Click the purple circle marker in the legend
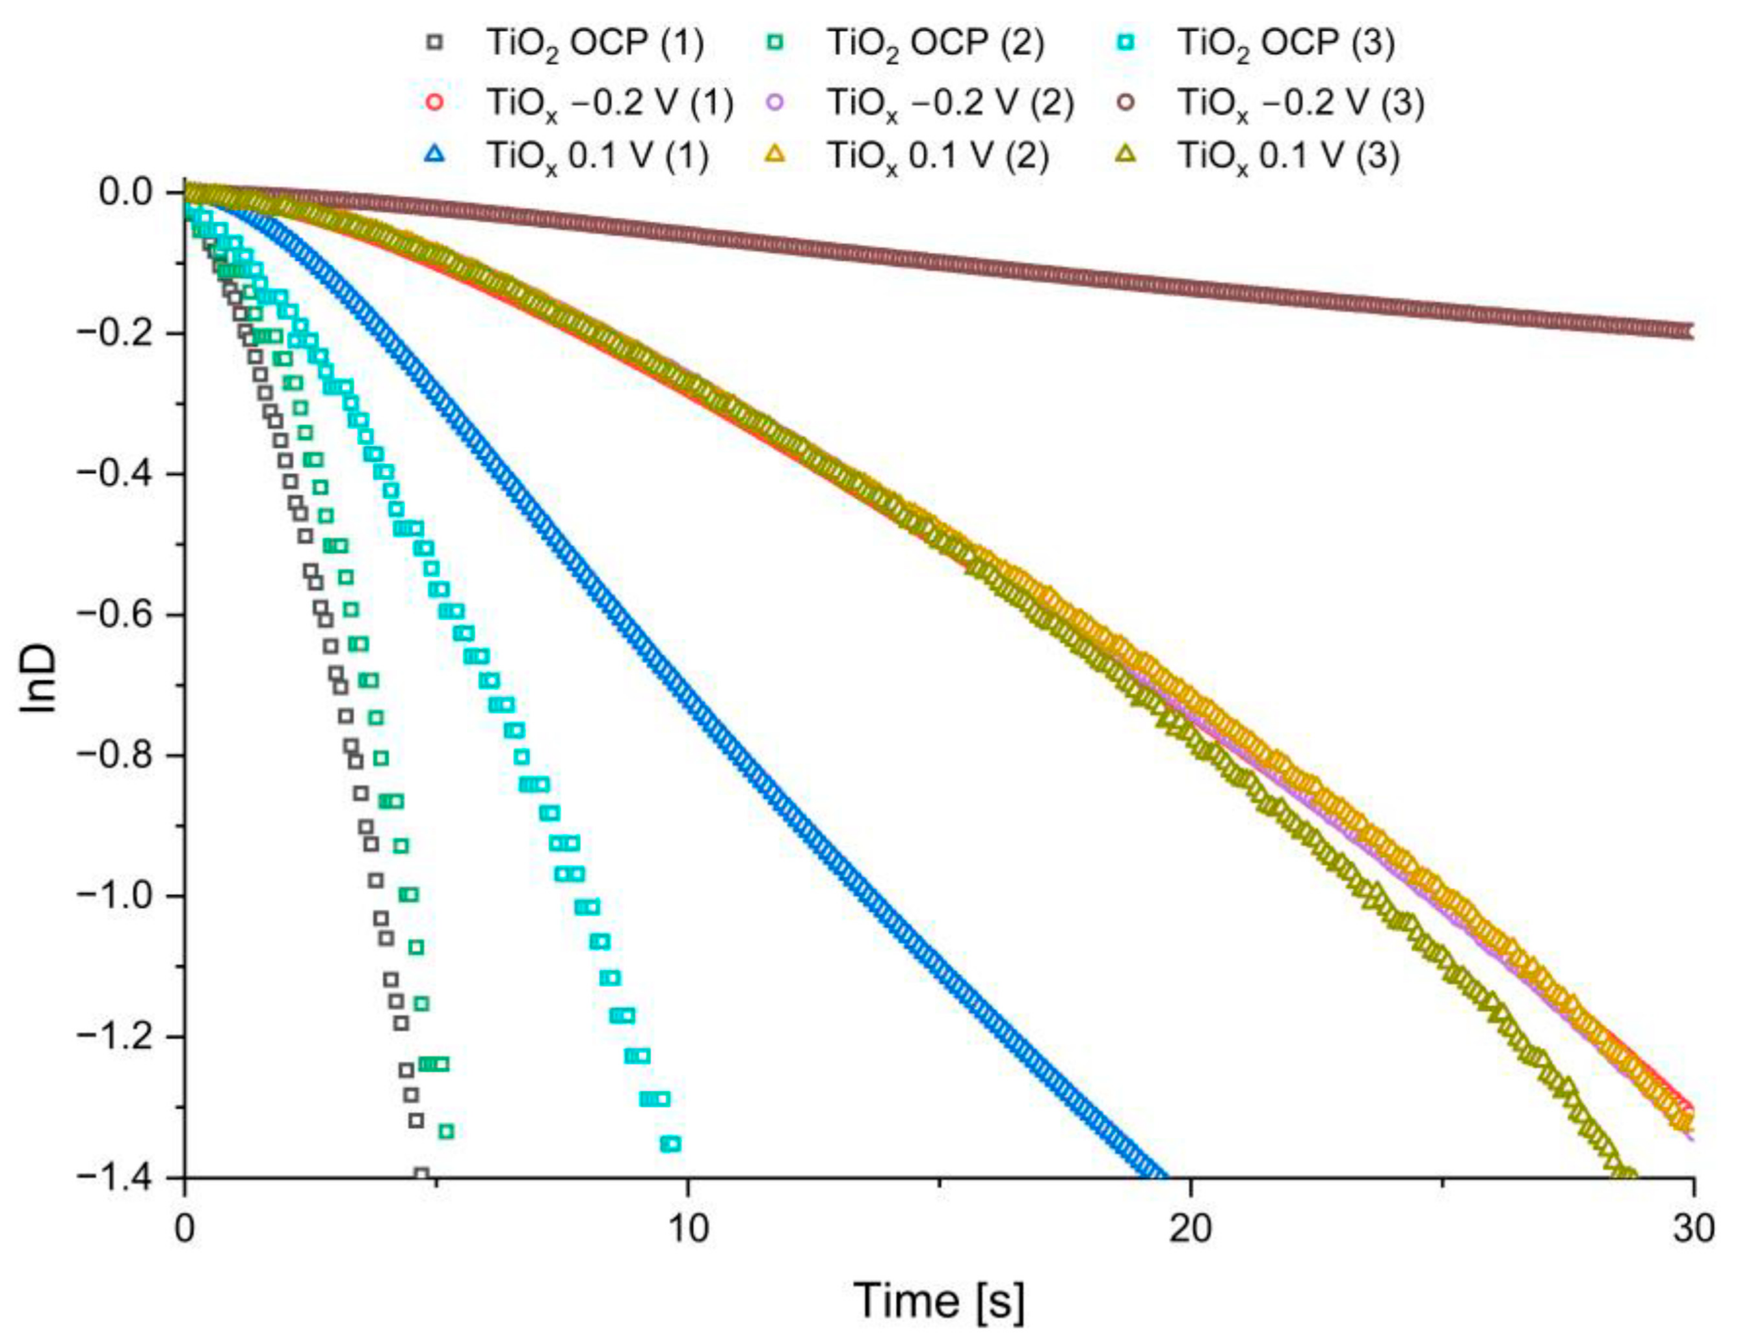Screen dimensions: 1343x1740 click(x=777, y=102)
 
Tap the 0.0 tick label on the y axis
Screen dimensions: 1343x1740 click(x=127, y=193)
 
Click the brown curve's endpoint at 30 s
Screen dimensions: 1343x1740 click(x=1691, y=332)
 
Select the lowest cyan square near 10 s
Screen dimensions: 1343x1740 click(x=671, y=1145)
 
